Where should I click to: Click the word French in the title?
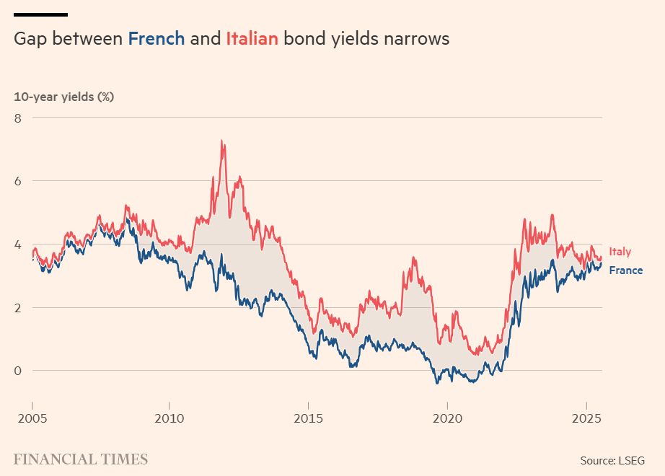point(157,38)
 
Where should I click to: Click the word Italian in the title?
point(252,38)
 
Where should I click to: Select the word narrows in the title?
point(416,38)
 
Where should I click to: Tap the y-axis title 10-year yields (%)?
point(64,97)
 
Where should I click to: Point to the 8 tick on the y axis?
point(18,117)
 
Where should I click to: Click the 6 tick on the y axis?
point(18,180)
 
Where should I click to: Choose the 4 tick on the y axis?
point(18,244)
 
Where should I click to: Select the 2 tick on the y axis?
point(18,307)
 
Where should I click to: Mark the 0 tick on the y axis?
point(18,371)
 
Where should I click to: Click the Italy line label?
point(620,252)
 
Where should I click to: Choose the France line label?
point(625,270)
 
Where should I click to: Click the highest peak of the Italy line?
point(222,141)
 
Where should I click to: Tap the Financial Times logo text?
point(81,459)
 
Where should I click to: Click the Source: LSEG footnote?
point(612,460)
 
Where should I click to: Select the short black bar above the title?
point(40,14)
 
